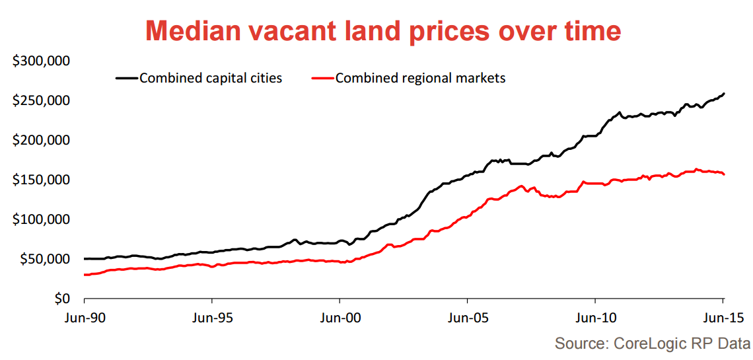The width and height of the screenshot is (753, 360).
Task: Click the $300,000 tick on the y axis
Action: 42,61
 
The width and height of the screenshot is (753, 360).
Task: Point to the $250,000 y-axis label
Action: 42,101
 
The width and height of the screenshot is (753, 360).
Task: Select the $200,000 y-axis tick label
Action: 42,141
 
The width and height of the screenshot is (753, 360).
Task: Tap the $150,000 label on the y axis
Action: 42,180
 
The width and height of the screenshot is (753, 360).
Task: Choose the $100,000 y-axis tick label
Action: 42,220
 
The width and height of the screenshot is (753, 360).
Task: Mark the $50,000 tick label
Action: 45,260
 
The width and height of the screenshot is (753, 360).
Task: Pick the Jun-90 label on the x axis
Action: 85,318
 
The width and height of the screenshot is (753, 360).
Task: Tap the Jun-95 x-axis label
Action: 213,318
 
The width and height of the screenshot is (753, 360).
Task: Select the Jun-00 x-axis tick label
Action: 340,318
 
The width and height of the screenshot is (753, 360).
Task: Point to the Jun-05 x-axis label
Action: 468,318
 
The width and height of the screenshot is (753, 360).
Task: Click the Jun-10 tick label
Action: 595,318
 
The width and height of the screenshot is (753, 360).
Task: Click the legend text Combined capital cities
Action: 211,78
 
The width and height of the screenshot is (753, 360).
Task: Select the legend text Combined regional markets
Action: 420,78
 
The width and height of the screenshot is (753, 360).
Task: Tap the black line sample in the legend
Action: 127,78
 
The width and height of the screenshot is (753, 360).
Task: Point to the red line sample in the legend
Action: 322,78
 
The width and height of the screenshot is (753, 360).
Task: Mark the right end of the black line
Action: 724,93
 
